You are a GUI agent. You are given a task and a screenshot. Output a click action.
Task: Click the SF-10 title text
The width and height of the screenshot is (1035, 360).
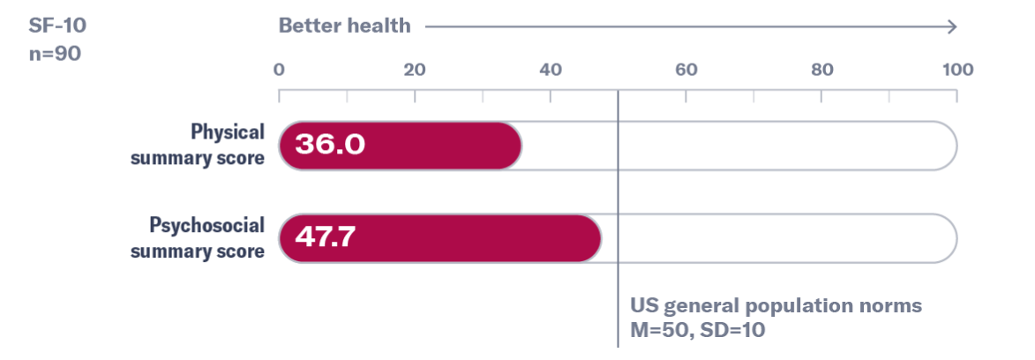(57, 26)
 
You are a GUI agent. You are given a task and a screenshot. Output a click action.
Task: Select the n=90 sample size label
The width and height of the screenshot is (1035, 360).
(54, 54)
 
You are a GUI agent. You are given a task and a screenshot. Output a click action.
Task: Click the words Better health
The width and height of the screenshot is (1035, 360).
(345, 26)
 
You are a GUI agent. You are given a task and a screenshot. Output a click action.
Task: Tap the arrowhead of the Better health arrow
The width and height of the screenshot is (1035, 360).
(951, 26)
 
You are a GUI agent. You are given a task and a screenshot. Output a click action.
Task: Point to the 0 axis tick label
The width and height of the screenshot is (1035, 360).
(279, 70)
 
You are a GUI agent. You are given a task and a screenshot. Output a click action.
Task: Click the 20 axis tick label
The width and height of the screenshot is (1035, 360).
(415, 70)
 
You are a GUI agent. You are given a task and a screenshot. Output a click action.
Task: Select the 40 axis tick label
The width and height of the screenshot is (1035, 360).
(551, 70)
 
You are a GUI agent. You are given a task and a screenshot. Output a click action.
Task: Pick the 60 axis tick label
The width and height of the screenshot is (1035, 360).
(686, 70)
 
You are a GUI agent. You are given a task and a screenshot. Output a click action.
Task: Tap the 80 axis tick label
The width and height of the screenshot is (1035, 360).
(821, 70)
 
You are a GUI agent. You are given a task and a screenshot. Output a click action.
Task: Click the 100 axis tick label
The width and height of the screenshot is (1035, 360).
(957, 70)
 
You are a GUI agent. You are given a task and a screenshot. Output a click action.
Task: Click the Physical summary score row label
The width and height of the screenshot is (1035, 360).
(198, 146)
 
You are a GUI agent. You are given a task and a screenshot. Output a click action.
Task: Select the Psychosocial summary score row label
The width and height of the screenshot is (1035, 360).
(198, 238)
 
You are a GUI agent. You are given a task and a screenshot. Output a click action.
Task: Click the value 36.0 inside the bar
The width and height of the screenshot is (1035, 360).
(329, 146)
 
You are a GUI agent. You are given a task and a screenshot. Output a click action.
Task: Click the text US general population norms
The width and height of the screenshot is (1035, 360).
(776, 307)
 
